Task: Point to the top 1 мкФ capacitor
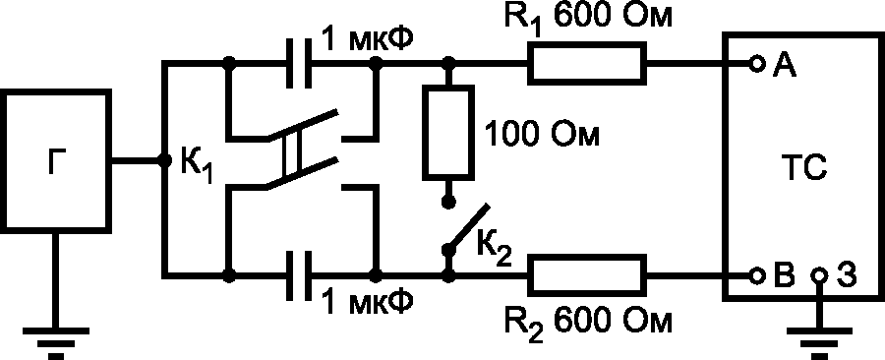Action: point(299,63)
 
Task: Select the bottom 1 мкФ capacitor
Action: point(299,275)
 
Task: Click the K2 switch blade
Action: point(468,227)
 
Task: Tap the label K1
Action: point(197,165)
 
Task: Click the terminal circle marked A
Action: point(757,64)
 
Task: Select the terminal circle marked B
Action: point(757,276)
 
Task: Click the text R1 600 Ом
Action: point(587,20)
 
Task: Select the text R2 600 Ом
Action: point(587,327)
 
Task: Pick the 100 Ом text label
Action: point(541,136)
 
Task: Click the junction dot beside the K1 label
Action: point(164,160)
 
